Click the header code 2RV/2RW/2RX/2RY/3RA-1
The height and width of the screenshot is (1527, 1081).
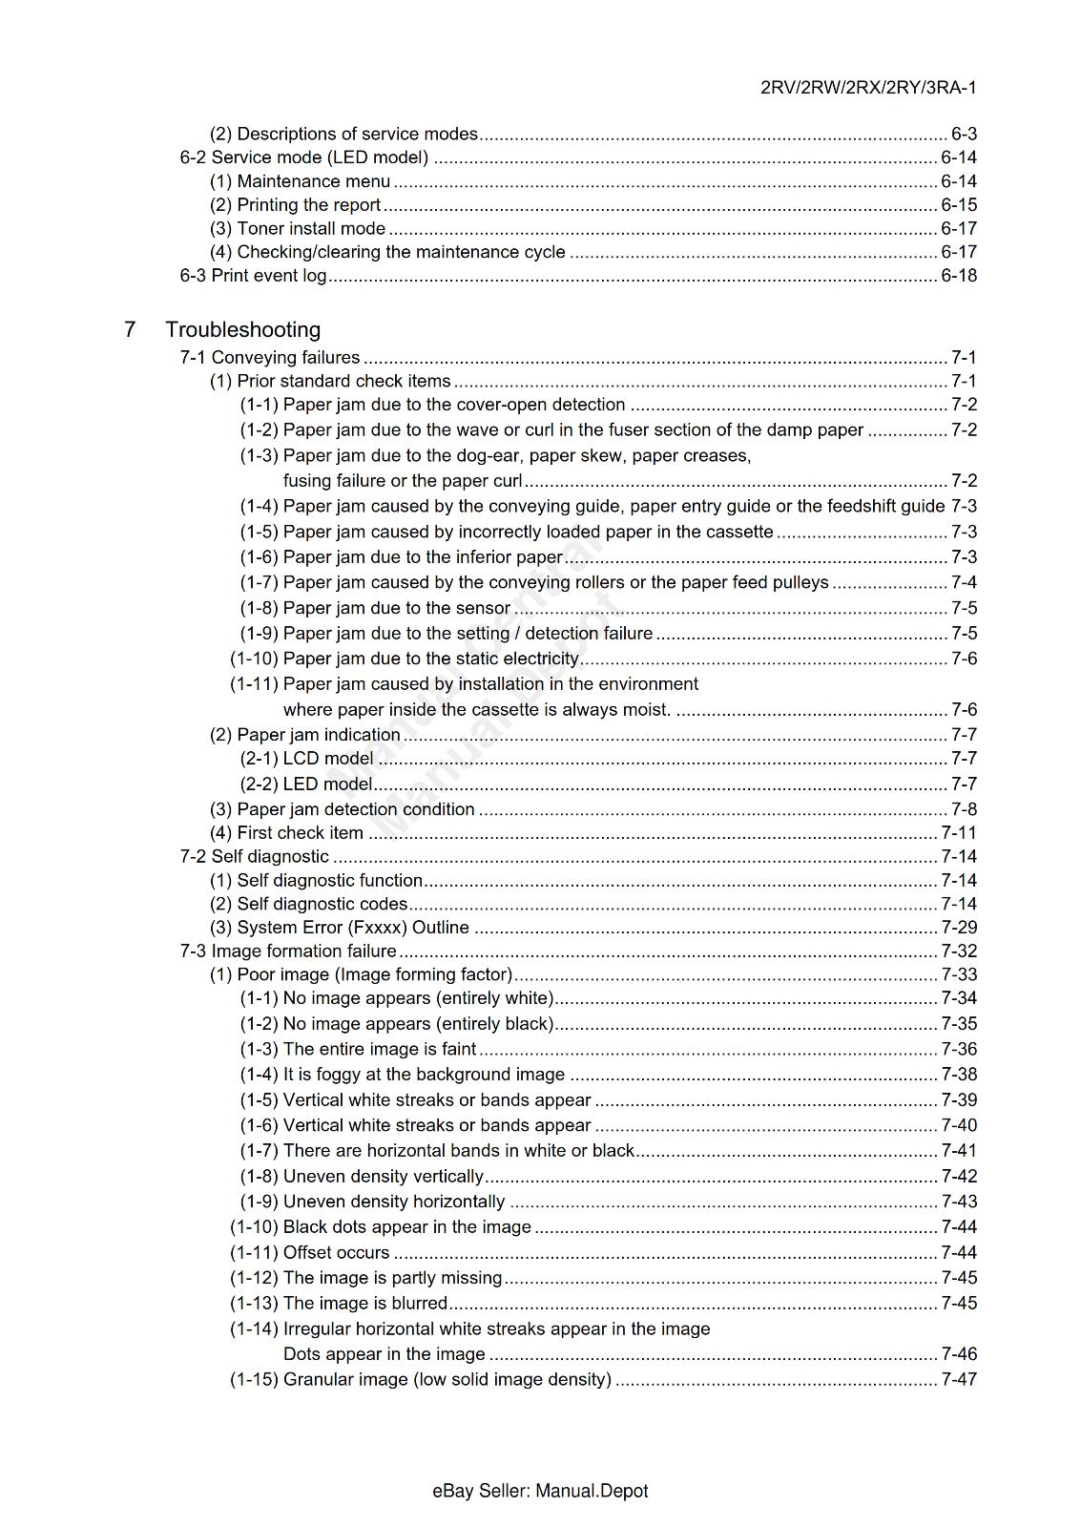(x=867, y=88)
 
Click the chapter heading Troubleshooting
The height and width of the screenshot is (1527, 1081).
(x=242, y=329)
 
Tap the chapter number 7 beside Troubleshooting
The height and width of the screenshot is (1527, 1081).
(x=129, y=329)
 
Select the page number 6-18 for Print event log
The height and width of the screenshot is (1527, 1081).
(x=958, y=276)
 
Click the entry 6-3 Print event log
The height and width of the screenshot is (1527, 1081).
(x=253, y=276)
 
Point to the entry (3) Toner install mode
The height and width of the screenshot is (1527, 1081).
(x=298, y=228)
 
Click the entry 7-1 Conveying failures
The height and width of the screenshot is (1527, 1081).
(x=270, y=357)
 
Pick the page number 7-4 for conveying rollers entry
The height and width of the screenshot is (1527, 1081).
(x=964, y=582)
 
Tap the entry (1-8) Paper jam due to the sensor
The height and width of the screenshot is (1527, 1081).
(x=375, y=608)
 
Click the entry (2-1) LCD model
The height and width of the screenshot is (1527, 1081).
(x=306, y=759)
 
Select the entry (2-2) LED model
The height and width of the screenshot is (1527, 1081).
(x=305, y=784)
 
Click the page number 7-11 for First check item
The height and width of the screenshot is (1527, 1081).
(x=958, y=833)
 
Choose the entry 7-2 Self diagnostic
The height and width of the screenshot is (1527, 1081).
(x=254, y=857)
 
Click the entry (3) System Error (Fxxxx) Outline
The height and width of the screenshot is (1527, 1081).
(x=340, y=928)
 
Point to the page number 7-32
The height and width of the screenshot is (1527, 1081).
(x=958, y=952)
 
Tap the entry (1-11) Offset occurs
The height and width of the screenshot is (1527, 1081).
(x=309, y=1253)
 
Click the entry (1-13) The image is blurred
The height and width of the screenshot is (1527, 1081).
(x=338, y=1304)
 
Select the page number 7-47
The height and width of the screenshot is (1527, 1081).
(x=958, y=1380)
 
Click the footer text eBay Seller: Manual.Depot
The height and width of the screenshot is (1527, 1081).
(x=540, y=1491)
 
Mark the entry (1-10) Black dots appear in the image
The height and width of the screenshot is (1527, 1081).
(x=380, y=1227)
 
